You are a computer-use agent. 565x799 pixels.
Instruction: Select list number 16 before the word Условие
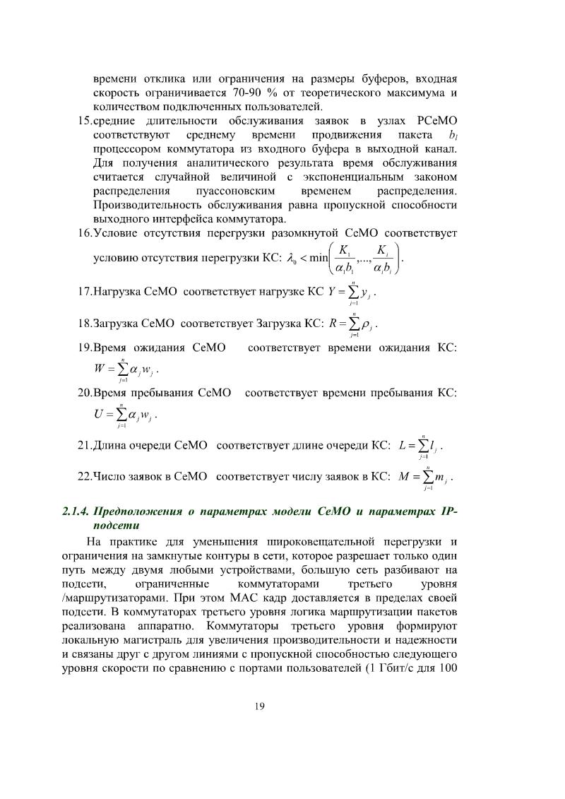pos(84,232)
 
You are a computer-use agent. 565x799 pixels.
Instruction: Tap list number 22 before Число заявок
pos(84,477)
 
